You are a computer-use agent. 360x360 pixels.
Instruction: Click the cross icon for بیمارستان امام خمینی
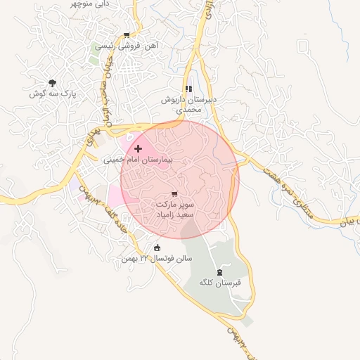138,148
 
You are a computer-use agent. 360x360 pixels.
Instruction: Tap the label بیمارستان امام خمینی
138,160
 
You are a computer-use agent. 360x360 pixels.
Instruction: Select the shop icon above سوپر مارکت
174,193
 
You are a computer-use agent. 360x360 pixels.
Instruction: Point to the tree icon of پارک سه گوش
52,83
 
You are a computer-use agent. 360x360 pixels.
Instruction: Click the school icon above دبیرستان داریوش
188,89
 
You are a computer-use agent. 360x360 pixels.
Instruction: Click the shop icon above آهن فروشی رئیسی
126,35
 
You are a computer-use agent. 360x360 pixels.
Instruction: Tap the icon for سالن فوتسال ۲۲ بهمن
157,247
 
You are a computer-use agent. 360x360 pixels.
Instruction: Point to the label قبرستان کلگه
220,283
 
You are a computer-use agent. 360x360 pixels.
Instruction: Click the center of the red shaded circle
180,179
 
